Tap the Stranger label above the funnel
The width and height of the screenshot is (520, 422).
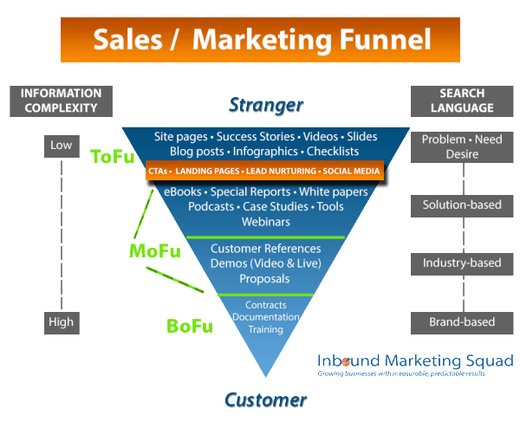click(266, 105)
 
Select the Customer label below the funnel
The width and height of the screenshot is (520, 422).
click(265, 399)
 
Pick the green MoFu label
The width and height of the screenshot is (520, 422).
click(154, 251)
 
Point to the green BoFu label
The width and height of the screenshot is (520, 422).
click(189, 326)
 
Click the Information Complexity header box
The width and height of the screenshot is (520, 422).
click(61, 101)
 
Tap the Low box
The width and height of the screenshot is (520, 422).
click(61, 146)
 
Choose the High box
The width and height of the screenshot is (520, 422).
click(61, 322)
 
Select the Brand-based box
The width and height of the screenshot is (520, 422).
click(462, 322)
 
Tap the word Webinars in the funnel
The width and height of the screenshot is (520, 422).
click(265, 222)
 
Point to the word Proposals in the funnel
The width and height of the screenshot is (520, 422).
click(265, 279)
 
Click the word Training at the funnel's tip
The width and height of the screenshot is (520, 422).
click(265, 330)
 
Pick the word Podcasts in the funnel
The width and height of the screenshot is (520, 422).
click(211, 207)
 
